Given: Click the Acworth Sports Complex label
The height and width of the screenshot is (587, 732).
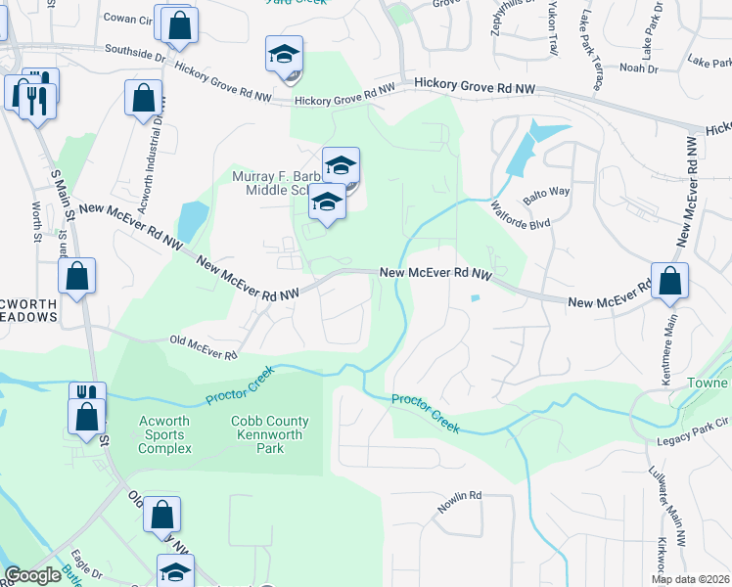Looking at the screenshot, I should coord(164,435).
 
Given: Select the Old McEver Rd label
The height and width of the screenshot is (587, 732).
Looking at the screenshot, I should coord(204,346).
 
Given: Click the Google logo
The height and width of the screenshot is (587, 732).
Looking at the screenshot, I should coord(32,575).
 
